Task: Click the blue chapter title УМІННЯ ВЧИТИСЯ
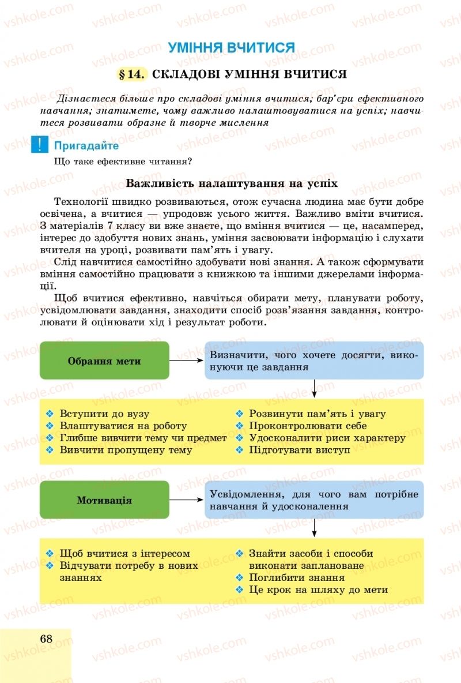click(231, 47)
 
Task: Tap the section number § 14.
click(132, 74)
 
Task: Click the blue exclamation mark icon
click(40, 144)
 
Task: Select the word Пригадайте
click(86, 146)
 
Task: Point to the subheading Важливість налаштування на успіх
click(231, 183)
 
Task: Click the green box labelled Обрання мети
click(104, 361)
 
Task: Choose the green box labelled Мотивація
click(104, 500)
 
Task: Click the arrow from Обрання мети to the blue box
click(187, 361)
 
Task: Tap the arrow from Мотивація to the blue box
click(187, 500)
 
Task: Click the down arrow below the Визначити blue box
click(314, 389)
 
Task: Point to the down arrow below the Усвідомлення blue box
click(314, 528)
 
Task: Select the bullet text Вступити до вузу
click(105, 414)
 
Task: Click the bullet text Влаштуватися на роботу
click(123, 426)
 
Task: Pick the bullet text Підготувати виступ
click(299, 450)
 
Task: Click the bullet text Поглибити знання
click(296, 577)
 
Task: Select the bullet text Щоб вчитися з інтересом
click(125, 553)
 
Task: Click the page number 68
click(47, 639)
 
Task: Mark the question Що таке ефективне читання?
click(123, 162)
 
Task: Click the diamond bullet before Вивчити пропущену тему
click(50, 450)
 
